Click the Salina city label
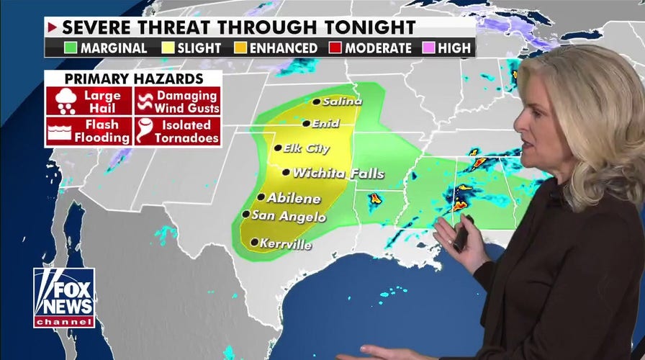[342, 102]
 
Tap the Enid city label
[325, 124]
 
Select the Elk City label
[307, 149]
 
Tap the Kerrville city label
[287, 245]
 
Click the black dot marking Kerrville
[254, 243]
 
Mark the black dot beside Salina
[316, 102]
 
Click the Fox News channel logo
[63, 297]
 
